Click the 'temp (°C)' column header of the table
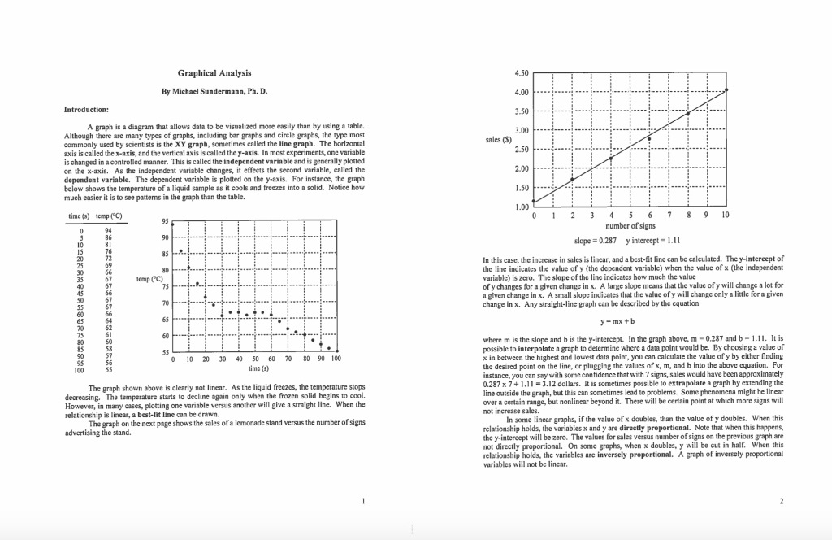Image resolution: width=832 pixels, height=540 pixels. [108, 216]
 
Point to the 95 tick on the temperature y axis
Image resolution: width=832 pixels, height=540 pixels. [164, 221]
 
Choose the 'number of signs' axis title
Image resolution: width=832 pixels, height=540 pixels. [630, 226]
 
